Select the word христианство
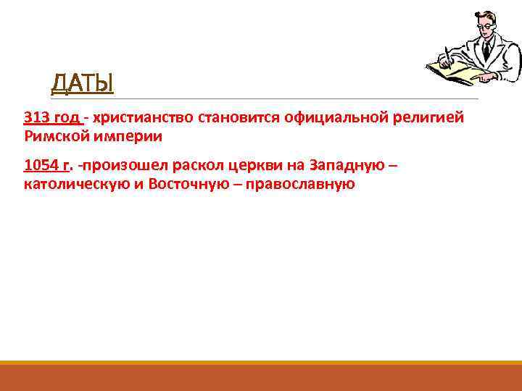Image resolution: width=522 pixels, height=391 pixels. [138, 117]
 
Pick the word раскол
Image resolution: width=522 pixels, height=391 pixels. [196, 166]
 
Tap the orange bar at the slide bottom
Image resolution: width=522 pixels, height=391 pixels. [261, 377]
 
